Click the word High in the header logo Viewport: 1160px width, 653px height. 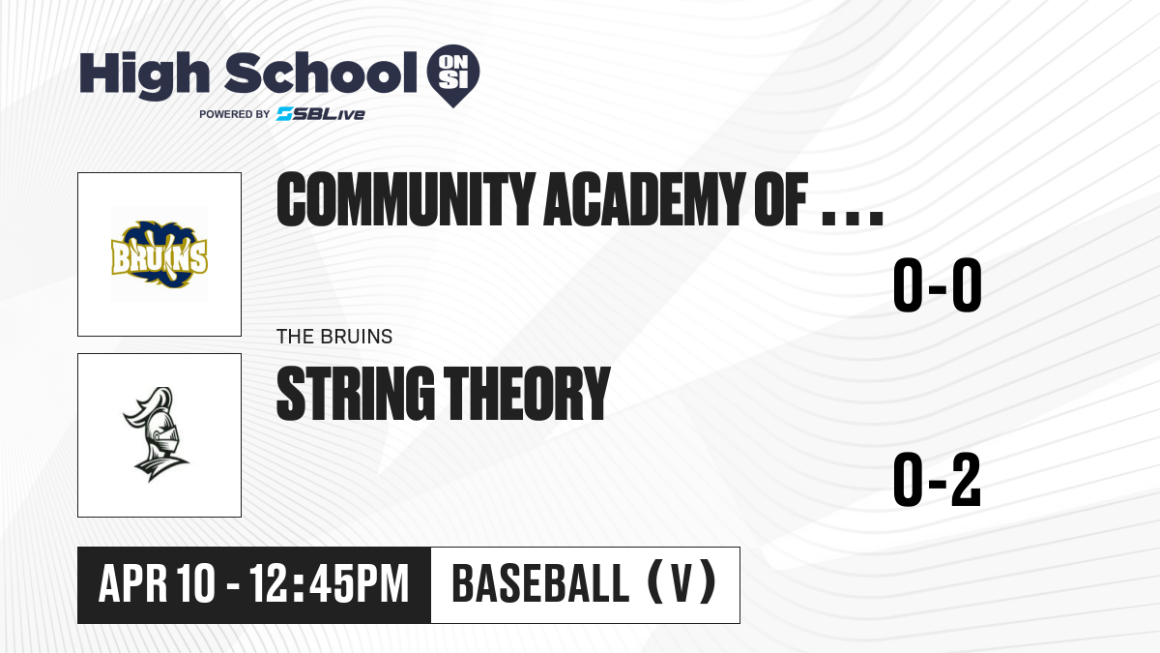(x=144, y=75)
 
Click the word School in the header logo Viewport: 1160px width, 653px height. (x=321, y=73)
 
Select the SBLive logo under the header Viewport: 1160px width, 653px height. (x=321, y=114)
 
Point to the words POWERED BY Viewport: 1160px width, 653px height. (x=235, y=114)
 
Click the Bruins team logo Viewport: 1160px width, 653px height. (x=159, y=254)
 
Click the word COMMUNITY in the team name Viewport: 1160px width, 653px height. (x=406, y=199)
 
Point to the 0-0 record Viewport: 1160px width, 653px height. (x=938, y=284)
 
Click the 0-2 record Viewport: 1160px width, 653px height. (x=938, y=479)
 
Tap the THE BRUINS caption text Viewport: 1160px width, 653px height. (x=334, y=337)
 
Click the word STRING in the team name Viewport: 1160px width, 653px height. (x=356, y=394)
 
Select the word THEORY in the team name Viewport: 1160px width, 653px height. (x=527, y=394)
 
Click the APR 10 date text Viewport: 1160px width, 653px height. (x=157, y=583)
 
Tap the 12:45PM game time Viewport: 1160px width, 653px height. (x=330, y=583)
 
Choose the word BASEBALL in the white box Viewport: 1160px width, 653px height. (x=540, y=583)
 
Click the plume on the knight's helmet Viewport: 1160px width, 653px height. (x=145, y=404)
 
